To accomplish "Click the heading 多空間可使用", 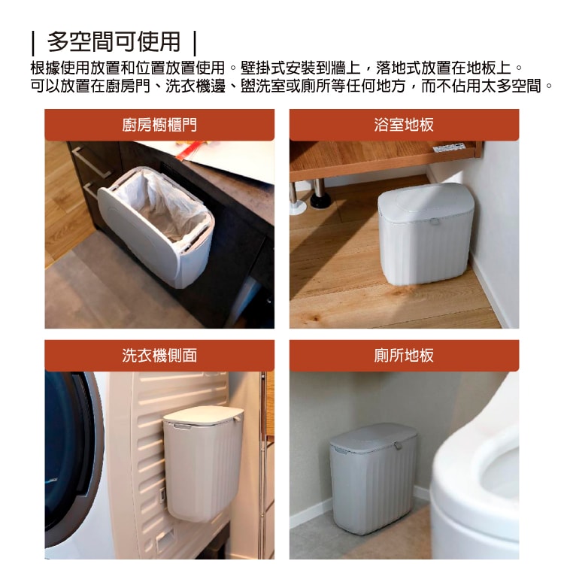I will (114, 41).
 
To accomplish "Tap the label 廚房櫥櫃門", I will (159, 125).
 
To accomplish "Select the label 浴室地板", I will (404, 125).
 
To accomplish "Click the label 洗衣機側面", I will (159, 355).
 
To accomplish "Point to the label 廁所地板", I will (404, 355).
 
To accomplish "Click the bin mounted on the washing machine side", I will (202, 466).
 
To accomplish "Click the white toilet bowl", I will (481, 481).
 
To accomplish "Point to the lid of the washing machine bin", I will (203, 414).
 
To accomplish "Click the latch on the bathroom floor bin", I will (435, 223).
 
